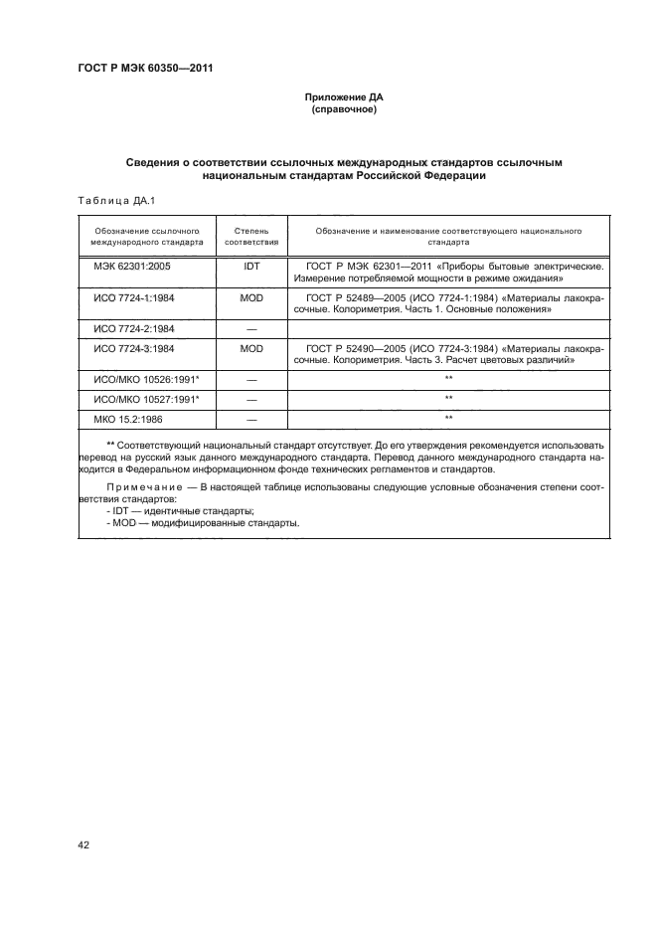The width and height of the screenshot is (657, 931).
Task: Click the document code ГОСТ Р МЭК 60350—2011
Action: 145,69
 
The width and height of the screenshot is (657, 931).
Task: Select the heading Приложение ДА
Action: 343,98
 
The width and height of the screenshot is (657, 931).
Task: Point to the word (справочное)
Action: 343,110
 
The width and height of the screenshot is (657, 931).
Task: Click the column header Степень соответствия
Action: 250,236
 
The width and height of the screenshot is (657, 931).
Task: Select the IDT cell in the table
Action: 250,267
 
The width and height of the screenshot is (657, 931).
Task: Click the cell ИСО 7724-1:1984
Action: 133,296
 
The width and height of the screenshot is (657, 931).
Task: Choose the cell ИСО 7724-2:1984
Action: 133,327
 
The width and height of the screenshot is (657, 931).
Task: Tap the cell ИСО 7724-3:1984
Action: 133,348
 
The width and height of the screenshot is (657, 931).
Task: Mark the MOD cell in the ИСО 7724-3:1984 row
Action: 250,348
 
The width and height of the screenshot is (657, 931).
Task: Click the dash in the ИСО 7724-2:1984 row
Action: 250,327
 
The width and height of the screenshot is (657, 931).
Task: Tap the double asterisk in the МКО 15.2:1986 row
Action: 448,418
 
